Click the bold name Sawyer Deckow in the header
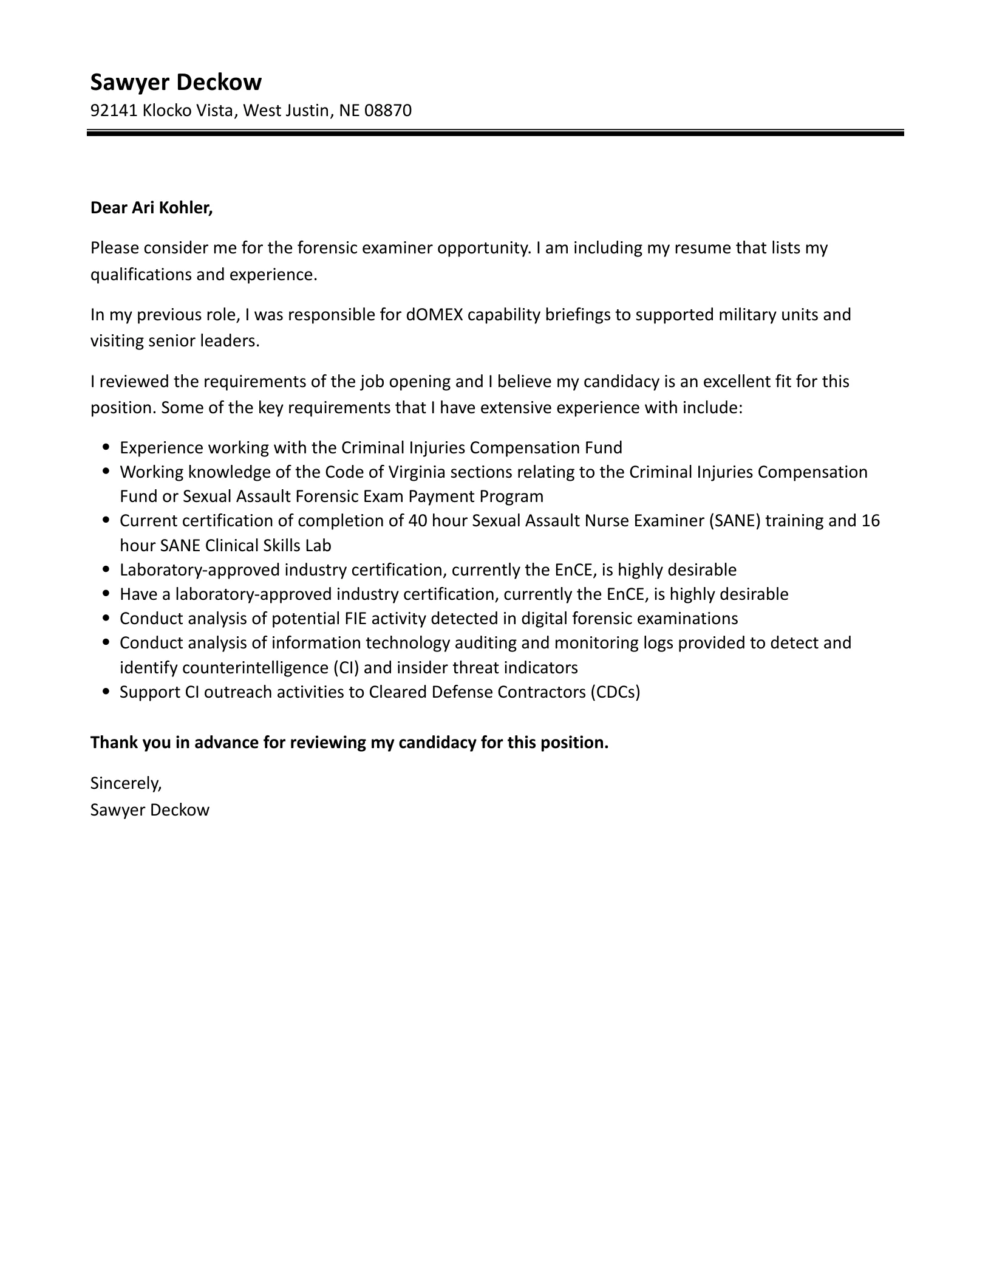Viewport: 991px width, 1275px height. click(x=176, y=82)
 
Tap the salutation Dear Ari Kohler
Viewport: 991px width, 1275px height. click(x=151, y=208)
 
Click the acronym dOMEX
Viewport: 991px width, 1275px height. click(x=431, y=314)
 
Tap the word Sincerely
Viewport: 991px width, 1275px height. click(x=126, y=783)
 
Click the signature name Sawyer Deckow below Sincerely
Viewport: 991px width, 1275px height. click(x=149, y=809)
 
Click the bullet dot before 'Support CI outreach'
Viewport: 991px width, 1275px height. click(x=107, y=691)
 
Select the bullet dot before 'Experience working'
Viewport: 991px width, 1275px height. click(x=107, y=447)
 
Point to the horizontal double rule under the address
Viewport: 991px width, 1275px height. click(x=495, y=132)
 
